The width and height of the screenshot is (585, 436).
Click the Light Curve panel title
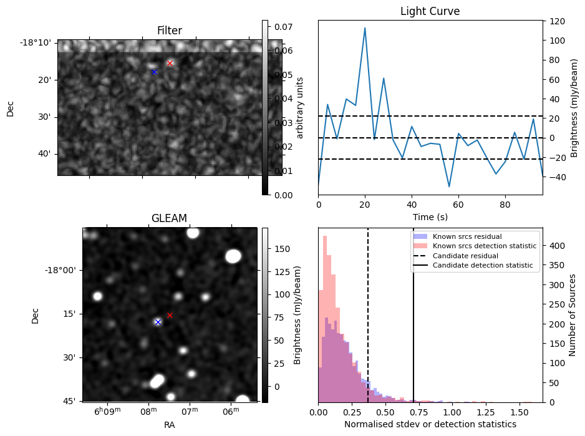point(430,11)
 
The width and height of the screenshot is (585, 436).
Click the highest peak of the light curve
point(365,28)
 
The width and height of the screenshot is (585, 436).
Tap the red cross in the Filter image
point(170,63)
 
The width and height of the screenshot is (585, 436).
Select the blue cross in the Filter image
point(154,72)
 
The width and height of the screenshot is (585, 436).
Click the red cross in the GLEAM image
point(170,315)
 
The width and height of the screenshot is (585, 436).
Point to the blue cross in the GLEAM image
point(158,322)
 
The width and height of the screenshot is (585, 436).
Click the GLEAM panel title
point(169,218)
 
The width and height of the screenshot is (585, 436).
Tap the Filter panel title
point(170,31)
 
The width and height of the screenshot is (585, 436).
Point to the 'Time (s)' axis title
point(430,217)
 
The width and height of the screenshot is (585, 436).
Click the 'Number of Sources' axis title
point(573,315)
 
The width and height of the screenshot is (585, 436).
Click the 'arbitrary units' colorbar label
point(299,107)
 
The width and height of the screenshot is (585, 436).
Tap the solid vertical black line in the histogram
point(413,324)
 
